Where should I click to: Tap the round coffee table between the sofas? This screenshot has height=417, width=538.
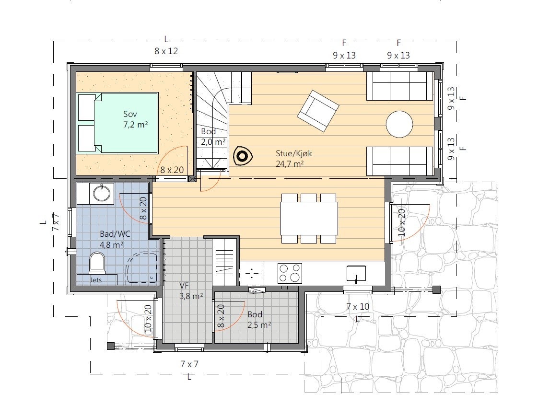(399, 124)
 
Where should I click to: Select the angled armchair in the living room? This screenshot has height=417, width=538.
(317, 111)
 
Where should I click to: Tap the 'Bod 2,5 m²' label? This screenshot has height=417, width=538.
(259, 319)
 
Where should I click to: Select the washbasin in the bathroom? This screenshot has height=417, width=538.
(102, 194)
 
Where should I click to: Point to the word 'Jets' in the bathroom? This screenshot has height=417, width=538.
(96, 279)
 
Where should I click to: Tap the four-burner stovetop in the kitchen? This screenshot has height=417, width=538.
(290, 273)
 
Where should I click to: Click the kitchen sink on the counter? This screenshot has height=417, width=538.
(356, 273)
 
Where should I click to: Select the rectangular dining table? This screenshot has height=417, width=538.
(309, 218)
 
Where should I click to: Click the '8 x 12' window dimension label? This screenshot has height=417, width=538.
(166, 51)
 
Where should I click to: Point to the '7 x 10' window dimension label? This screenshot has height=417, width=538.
(358, 306)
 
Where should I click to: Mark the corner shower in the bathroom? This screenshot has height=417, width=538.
(142, 268)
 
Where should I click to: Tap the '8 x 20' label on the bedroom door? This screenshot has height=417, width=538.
(172, 170)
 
